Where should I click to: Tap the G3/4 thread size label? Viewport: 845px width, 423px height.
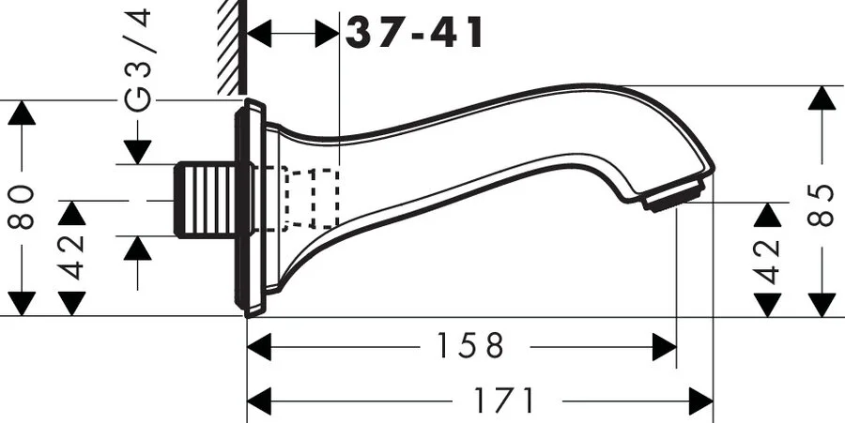point(138,58)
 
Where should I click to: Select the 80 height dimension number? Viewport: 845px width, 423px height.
point(23,207)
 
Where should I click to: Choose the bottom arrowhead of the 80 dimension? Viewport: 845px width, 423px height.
point(23,304)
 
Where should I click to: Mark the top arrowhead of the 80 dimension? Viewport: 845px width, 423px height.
point(23,113)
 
